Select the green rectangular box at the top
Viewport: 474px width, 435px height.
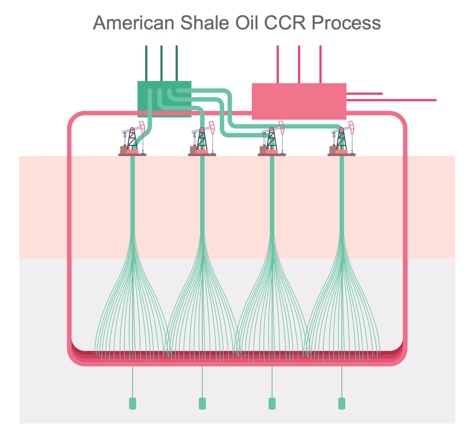click(x=164, y=99)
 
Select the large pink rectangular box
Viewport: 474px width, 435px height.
click(x=299, y=101)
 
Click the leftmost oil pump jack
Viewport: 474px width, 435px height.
click(x=132, y=141)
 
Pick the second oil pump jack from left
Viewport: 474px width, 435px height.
click(x=202, y=141)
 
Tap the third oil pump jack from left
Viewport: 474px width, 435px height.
click(x=272, y=141)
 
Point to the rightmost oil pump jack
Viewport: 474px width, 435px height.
click(x=342, y=141)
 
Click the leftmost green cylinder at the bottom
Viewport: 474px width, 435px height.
click(x=133, y=404)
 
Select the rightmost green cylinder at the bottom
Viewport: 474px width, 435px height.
click(x=342, y=404)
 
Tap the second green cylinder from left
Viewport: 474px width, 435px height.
click(x=202, y=404)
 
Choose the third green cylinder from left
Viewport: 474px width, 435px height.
click(x=272, y=404)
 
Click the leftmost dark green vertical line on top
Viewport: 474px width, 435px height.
click(x=146, y=63)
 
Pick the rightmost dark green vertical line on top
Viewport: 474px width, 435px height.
click(x=177, y=63)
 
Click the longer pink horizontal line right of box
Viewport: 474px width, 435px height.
click(x=392, y=100)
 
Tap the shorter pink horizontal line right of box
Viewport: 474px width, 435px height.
click(x=365, y=94)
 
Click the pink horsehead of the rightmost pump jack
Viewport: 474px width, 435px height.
click(x=351, y=127)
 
